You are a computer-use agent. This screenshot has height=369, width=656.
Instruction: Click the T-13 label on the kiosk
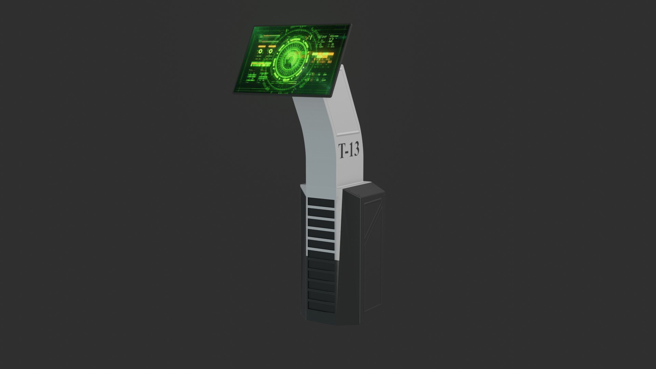tap(348, 150)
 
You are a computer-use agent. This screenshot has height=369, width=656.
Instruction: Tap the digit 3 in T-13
tap(355, 149)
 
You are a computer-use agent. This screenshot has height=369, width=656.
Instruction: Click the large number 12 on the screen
tap(331, 40)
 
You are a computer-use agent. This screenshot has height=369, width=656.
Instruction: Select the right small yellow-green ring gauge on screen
tap(271, 51)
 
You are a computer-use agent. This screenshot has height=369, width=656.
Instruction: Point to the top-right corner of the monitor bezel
tap(350, 24)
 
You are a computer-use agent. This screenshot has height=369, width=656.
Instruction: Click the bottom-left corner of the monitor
tap(234, 92)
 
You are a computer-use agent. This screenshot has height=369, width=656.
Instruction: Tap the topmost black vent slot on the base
tap(320, 203)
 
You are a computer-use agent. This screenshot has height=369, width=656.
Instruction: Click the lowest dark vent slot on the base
tap(320, 306)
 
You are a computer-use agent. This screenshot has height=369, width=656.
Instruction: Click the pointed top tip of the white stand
tap(343, 66)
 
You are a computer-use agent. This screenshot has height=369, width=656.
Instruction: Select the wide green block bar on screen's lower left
tap(261, 64)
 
